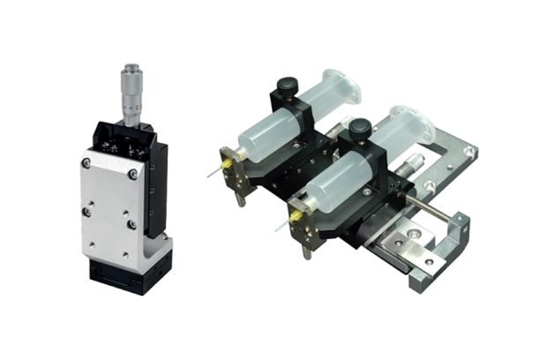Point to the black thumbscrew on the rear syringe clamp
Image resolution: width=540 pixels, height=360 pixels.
tap(286, 87)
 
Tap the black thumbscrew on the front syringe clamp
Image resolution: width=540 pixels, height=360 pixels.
tap(357, 130)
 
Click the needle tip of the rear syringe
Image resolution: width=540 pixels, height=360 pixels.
tap(208, 176)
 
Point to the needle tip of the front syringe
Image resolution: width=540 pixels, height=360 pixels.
tap(277, 229)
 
